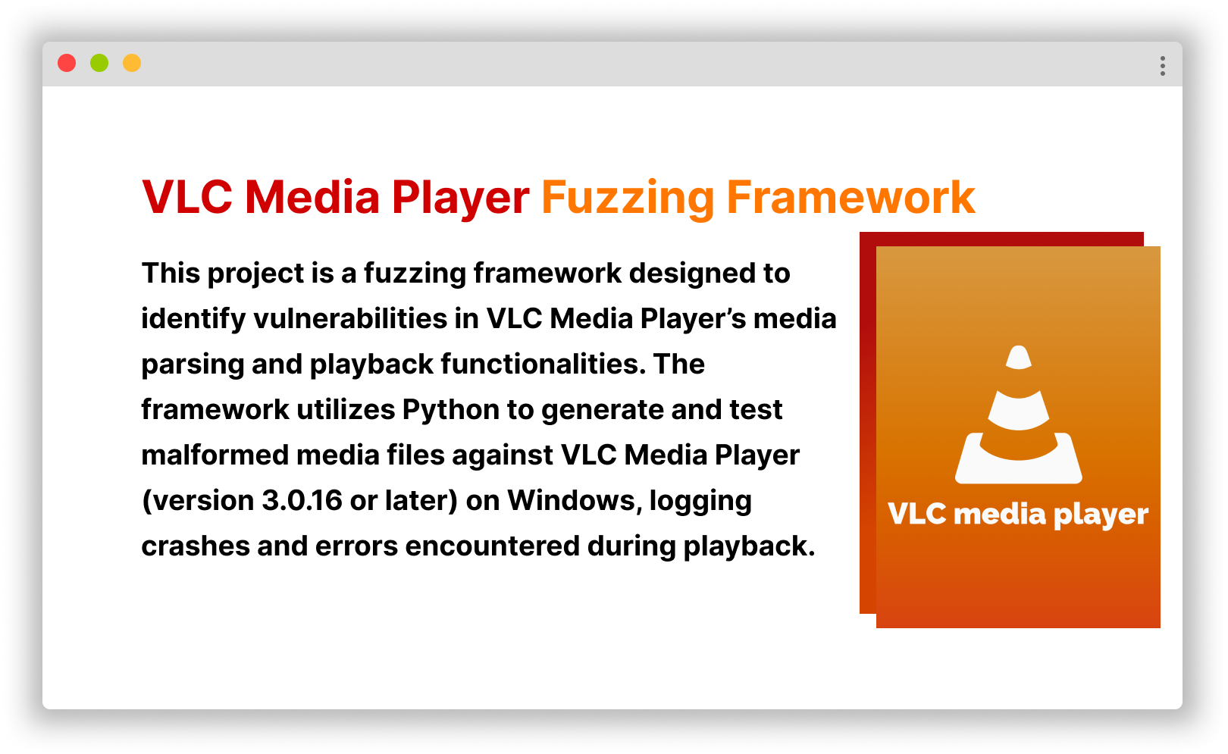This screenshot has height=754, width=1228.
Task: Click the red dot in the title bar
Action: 67,63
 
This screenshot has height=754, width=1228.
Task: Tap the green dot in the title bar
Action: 99,63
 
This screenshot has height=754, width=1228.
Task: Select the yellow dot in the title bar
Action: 132,63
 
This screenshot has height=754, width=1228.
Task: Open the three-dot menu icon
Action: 1162,66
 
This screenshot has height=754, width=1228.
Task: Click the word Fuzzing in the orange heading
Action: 628,199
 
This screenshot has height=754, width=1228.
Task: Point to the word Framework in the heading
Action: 851,197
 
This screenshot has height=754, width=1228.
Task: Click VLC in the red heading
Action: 186,197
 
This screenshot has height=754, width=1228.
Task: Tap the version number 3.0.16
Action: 302,501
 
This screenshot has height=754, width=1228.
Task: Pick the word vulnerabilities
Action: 350,319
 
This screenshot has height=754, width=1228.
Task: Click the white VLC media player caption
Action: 1018,515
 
